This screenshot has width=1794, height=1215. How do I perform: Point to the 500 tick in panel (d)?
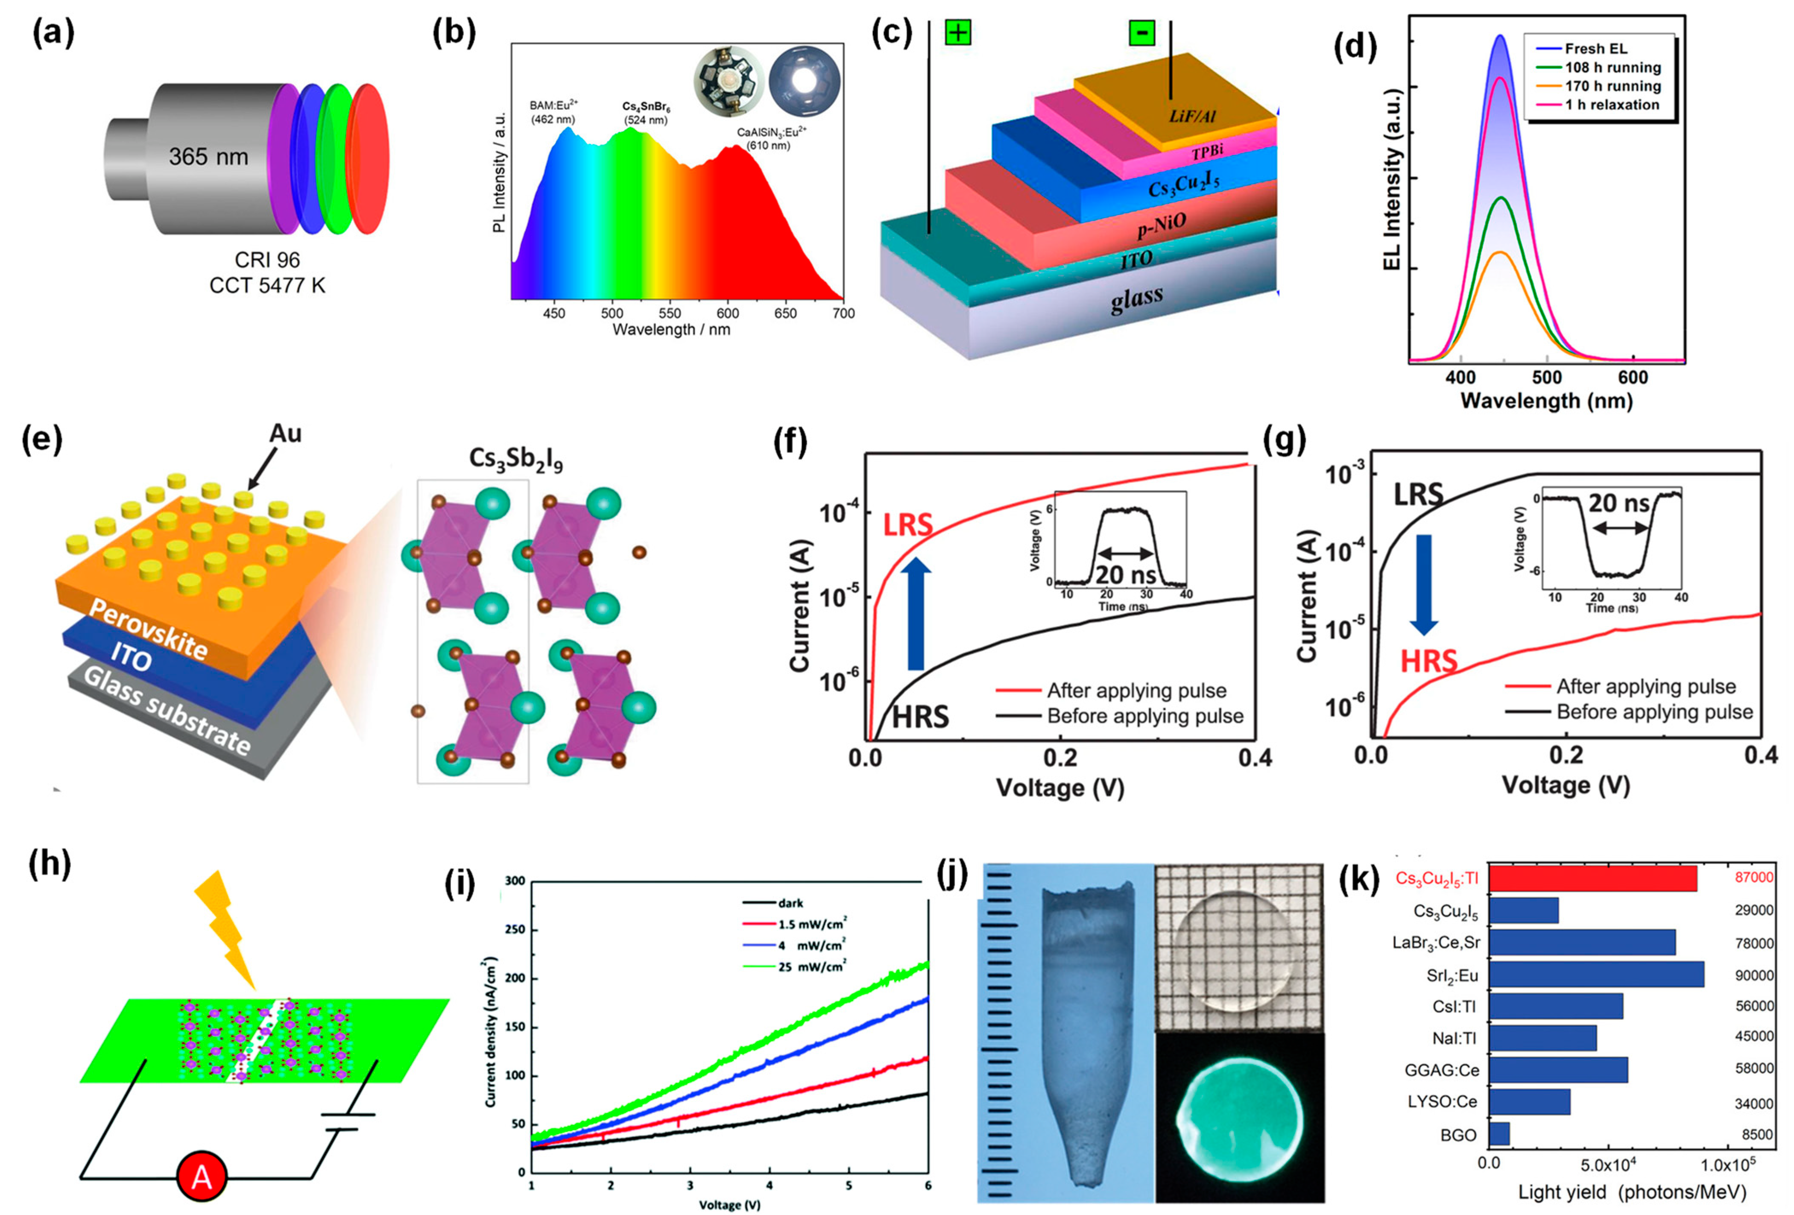(1546, 378)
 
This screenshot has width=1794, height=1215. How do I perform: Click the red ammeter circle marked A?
(202, 1177)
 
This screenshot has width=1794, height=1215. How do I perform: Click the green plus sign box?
(957, 33)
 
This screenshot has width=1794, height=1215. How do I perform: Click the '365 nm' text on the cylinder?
(208, 157)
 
